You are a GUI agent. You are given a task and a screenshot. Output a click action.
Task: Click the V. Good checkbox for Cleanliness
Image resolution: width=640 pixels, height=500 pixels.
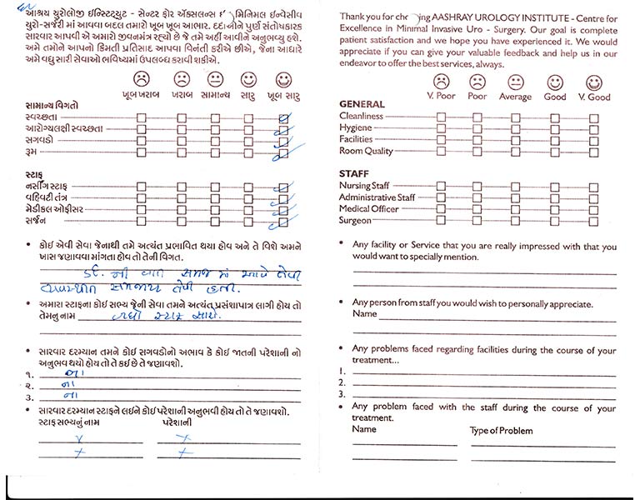[594, 117]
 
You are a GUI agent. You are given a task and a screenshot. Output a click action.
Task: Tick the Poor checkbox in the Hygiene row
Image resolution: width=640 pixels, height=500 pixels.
[477, 129]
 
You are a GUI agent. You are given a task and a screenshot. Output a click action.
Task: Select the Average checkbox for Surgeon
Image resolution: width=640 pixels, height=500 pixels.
[516, 222]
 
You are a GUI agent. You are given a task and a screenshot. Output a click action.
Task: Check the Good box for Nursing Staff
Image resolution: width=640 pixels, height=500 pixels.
[555, 187]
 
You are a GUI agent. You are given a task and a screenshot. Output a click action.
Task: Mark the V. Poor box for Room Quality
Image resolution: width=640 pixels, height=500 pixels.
[440, 152]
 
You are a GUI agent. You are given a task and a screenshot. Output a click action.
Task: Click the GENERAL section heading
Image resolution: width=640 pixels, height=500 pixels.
[362, 105]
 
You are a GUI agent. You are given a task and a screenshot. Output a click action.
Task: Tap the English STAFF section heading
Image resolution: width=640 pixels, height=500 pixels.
[353, 173]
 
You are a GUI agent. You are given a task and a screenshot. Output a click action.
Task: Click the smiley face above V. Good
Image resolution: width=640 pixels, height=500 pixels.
[594, 82]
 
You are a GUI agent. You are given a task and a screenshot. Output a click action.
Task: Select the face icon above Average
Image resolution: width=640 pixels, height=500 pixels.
[516, 82]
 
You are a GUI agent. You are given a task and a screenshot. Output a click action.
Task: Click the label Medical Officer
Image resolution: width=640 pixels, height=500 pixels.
[368, 209]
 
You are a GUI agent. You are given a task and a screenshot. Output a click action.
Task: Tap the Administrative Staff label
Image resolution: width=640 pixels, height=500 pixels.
[377, 197]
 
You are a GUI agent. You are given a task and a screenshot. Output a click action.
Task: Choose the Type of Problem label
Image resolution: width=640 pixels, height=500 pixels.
[501, 431]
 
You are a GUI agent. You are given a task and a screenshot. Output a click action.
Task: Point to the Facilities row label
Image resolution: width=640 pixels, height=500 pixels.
[356, 140]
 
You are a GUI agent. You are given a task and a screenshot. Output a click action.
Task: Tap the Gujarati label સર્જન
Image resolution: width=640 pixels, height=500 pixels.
[36, 221]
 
